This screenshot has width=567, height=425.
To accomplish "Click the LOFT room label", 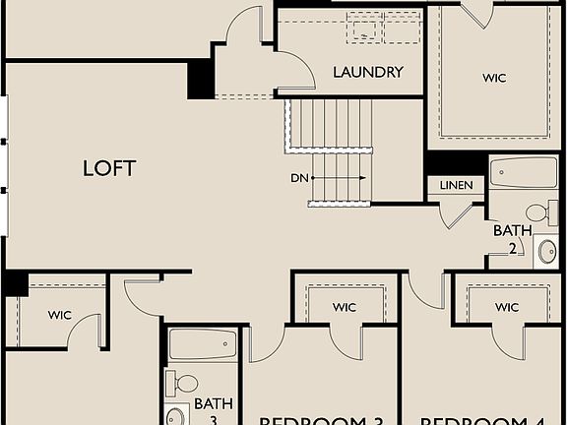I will click(x=108, y=168).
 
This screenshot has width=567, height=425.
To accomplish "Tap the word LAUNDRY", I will click(x=367, y=72).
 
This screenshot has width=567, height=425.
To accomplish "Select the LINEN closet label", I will click(x=456, y=185).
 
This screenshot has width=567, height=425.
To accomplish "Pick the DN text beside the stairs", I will click(x=300, y=179).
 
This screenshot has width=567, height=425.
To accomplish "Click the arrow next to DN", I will click(x=340, y=179).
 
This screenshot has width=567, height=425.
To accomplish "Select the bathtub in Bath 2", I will click(x=523, y=173).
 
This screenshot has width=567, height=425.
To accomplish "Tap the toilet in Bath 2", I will click(x=537, y=212).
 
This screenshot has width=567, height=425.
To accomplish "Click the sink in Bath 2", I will click(x=546, y=253).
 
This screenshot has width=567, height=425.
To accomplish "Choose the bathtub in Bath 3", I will click(x=202, y=344).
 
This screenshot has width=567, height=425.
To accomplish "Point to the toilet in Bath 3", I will click(x=183, y=382).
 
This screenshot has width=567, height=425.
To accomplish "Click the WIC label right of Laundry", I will click(x=493, y=78).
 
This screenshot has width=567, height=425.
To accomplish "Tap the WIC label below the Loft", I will click(x=60, y=316).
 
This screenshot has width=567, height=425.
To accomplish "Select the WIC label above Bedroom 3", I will click(x=344, y=308).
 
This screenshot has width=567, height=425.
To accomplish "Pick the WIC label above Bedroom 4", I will click(x=506, y=308).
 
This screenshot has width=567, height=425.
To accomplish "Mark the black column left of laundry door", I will click(x=200, y=80).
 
